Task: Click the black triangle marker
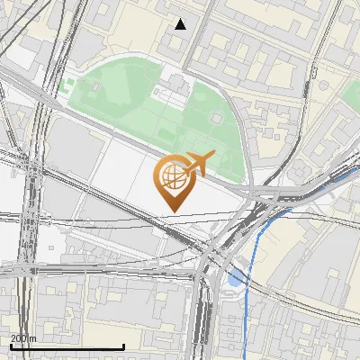(181, 24)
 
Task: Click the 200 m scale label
(23, 338)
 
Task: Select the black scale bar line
(67, 346)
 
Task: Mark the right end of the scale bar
(123, 346)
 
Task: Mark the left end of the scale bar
(11, 346)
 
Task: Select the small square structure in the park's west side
(92, 88)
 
